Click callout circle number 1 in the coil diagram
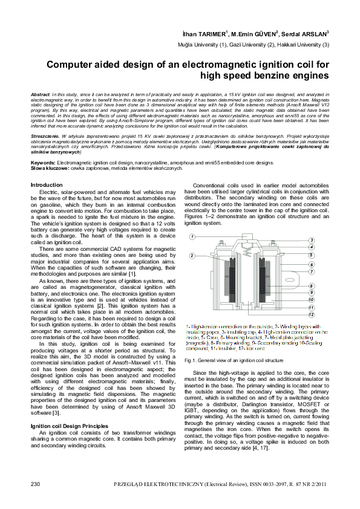coord(191,236)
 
